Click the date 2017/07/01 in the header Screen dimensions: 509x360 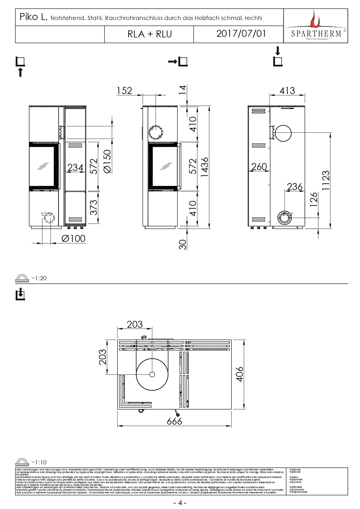(x=241, y=34)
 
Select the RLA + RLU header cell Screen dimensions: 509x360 (x=150, y=34)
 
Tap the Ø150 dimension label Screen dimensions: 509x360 (x=107, y=162)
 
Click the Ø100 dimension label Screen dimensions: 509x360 (x=73, y=238)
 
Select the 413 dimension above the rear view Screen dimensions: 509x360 (x=287, y=90)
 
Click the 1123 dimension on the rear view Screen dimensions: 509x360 (x=326, y=180)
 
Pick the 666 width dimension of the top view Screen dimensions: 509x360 (x=174, y=421)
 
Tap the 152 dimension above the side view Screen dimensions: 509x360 (x=124, y=91)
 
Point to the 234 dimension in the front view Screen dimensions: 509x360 (x=75, y=167)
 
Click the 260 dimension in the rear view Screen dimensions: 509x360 (x=259, y=166)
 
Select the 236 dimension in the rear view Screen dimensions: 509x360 (x=294, y=186)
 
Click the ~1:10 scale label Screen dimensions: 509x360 (x=39, y=462)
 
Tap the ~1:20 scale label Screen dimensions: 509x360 (x=39, y=278)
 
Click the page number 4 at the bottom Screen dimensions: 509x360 (x=180, y=503)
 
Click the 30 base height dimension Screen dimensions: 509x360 (x=182, y=244)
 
